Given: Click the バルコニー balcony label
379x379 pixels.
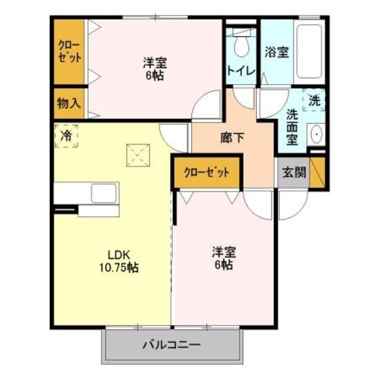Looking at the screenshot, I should [x=171, y=344].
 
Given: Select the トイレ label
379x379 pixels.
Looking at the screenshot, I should [x=240, y=70].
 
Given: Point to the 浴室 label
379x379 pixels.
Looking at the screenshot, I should [x=277, y=52].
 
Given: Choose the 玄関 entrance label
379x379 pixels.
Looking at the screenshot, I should [x=294, y=173].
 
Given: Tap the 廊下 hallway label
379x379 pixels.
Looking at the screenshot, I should [x=232, y=137].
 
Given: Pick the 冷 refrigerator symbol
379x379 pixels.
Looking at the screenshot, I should [x=66, y=136].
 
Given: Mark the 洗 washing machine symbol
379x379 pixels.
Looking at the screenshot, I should [x=314, y=100].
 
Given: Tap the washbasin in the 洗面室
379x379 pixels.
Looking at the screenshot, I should [x=316, y=136].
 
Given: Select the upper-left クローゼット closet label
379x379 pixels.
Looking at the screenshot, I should [x=69, y=51].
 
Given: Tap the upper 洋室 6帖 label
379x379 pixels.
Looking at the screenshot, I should [x=153, y=68].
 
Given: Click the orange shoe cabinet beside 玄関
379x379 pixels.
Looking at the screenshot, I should [x=318, y=172].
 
